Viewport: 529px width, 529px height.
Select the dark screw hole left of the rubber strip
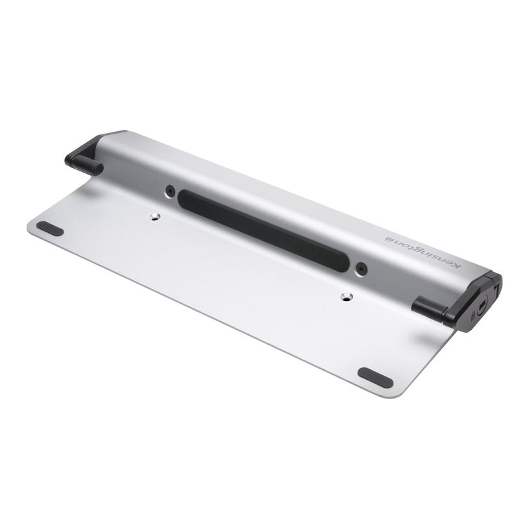170,190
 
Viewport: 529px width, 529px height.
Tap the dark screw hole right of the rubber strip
360,266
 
